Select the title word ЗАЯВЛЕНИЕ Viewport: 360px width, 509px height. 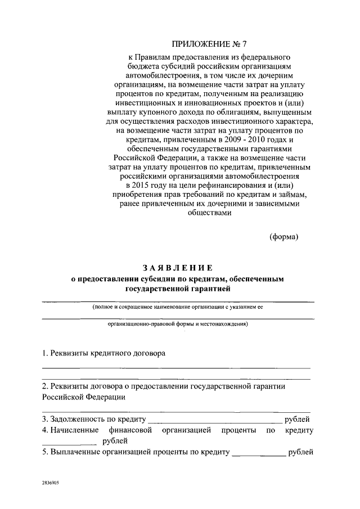(x=177, y=267)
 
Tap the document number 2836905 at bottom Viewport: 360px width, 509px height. (x=50, y=483)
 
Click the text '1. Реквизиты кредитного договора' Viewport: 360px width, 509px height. (x=104, y=355)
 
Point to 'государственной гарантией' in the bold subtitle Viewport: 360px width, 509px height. (x=177, y=289)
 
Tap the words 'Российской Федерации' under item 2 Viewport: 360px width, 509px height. (x=83, y=397)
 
